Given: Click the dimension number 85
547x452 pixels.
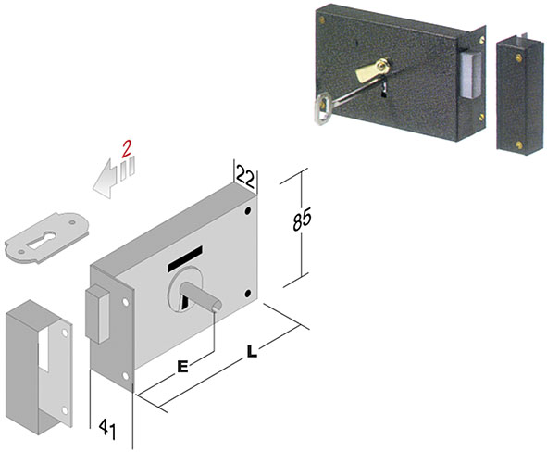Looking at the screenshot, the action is (x=302, y=220).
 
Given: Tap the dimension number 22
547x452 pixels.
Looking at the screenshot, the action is (x=245, y=177).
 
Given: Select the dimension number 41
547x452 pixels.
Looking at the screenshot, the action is (x=107, y=429).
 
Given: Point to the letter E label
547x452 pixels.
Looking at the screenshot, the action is (x=182, y=367).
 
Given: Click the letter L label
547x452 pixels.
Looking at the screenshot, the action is (x=252, y=351).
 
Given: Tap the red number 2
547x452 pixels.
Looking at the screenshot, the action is (x=126, y=149).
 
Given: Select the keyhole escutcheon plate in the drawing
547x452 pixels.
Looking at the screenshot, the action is (x=47, y=237).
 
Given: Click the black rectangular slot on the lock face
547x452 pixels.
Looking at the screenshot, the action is (x=185, y=258).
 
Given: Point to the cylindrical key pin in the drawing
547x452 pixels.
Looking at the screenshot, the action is (x=201, y=295).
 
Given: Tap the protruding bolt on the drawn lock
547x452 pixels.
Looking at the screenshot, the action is (x=98, y=314).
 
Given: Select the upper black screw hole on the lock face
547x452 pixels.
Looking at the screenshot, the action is (x=248, y=211).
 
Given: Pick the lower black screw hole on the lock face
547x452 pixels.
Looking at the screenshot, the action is (x=248, y=294).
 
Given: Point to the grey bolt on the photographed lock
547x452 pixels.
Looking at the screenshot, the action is (x=469, y=75).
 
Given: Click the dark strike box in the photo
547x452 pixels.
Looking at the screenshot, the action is (x=520, y=94).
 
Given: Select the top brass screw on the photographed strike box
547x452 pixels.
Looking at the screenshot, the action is (x=519, y=57).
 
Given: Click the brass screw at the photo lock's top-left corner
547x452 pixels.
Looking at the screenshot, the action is (x=321, y=19).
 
